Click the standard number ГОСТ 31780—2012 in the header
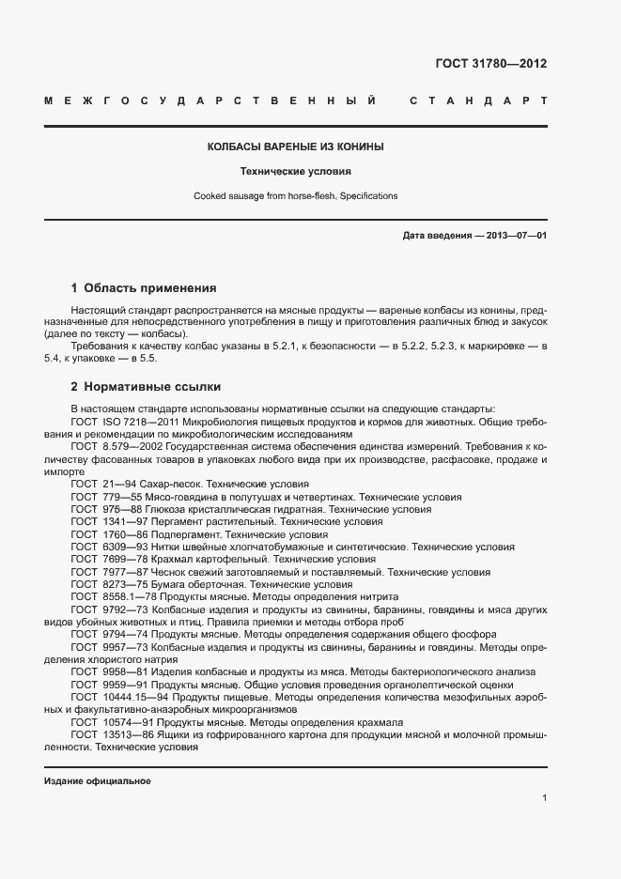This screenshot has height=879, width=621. pos(490,64)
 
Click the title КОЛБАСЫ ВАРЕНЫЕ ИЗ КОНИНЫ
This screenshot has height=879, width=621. pos(295,147)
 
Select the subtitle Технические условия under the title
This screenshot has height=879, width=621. pos(295,172)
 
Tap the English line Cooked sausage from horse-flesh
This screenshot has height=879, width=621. pos(295,196)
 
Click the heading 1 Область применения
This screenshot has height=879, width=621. pos(144,288)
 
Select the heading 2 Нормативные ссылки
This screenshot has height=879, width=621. pos(146,386)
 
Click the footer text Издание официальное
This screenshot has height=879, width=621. pos(98,781)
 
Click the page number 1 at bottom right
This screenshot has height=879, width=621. pos(544,798)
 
